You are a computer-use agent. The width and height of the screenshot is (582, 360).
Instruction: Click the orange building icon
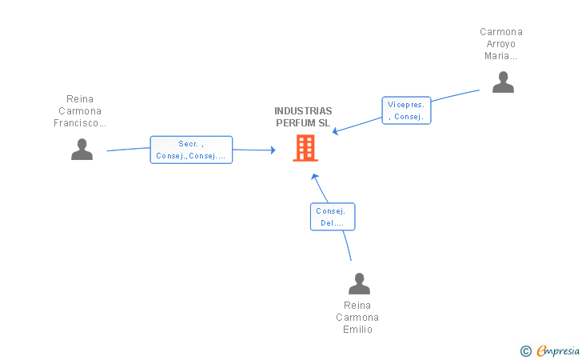(x=305, y=148)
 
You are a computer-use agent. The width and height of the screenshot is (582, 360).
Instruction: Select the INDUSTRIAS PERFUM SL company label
(x=303, y=117)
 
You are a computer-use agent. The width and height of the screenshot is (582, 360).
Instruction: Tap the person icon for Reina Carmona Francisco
(x=82, y=150)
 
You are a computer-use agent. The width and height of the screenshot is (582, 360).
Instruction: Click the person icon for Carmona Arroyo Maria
(x=503, y=82)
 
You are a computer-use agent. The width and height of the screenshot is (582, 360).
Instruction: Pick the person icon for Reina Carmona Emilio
(x=359, y=283)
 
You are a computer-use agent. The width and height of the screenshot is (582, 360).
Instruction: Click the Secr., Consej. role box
(x=191, y=150)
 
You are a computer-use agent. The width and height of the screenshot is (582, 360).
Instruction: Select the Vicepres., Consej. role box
(x=406, y=110)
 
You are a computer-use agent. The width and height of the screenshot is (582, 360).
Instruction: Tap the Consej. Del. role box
(x=333, y=217)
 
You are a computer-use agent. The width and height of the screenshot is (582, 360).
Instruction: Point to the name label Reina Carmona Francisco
(x=80, y=110)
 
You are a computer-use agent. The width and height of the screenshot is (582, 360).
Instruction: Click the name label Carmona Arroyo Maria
(x=501, y=44)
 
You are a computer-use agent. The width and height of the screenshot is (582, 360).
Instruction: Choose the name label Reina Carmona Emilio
(x=357, y=318)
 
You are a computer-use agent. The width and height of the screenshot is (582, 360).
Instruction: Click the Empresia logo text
(x=558, y=350)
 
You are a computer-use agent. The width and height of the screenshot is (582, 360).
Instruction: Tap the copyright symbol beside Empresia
(x=526, y=351)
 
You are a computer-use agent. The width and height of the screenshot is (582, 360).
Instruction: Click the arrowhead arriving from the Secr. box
(x=273, y=150)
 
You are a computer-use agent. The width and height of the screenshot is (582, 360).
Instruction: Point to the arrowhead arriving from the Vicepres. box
(x=335, y=131)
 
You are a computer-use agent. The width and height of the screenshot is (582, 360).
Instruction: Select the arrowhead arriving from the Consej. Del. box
(x=315, y=177)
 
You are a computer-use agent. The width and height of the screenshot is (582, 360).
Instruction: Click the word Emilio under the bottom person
(x=357, y=330)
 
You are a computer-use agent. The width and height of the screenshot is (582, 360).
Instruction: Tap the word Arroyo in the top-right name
(x=501, y=44)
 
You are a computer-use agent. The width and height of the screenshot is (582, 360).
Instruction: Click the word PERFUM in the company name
(x=292, y=123)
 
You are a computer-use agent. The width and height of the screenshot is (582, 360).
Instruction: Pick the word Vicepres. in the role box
(x=405, y=105)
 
